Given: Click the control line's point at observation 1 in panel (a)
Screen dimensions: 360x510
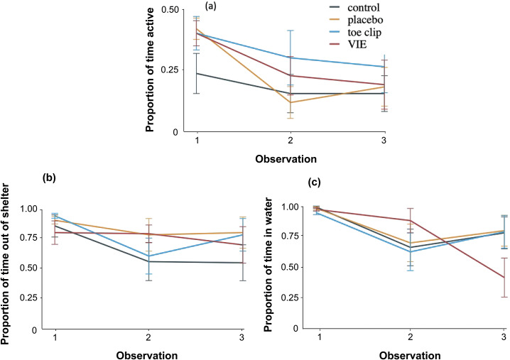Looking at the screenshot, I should [x=197, y=73].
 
